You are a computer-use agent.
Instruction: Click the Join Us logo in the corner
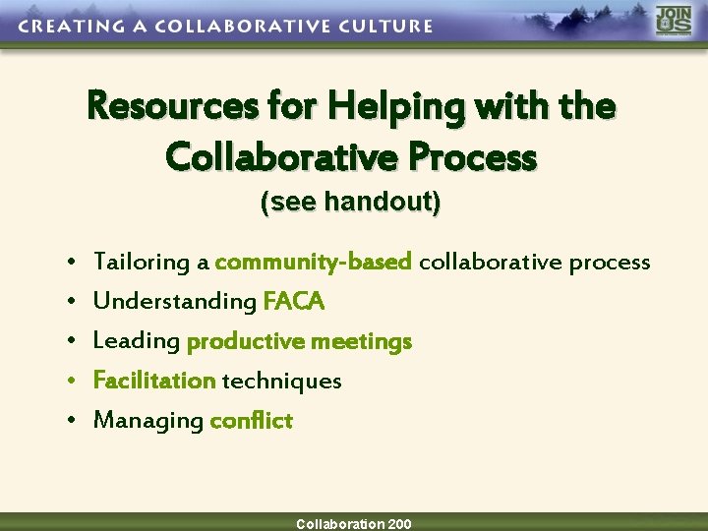point(674,21)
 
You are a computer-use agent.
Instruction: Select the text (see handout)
point(350,203)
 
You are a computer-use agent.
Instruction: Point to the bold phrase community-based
point(313,262)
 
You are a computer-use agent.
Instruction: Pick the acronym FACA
point(293,301)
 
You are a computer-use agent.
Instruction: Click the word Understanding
point(174,301)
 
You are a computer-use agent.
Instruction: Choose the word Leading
point(136,341)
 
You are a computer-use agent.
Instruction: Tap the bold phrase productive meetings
point(299,341)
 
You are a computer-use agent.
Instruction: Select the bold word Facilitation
point(154,381)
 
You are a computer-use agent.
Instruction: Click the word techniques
point(282,381)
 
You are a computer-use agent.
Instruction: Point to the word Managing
point(147,421)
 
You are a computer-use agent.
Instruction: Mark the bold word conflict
point(252,421)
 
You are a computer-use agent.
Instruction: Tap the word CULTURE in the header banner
point(381,27)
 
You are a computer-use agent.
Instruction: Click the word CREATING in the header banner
point(64,27)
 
